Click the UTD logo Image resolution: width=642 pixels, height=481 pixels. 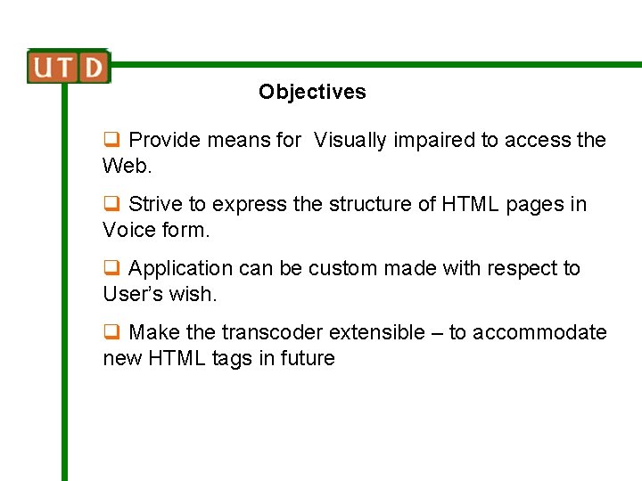[x=68, y=67]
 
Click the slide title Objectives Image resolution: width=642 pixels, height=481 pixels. [x=312, y=92]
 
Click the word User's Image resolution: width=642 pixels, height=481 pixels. [x=133, y=294]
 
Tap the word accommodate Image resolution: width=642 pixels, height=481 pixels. [x=539, y=333]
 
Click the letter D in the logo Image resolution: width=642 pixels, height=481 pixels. [x=94, y=67]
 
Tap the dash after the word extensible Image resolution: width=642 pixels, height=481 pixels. [x=437, y=333]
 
